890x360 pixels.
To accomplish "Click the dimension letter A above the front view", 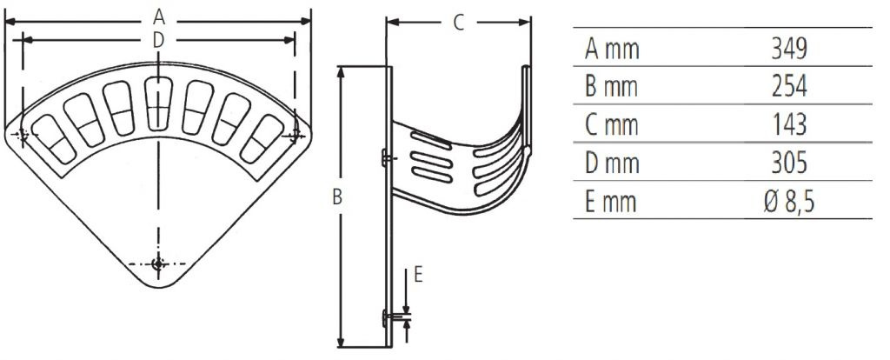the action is (x=159, y=17).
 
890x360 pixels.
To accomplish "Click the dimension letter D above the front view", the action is (x=158, y=40).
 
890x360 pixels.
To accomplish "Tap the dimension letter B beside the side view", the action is (x=337, y=197).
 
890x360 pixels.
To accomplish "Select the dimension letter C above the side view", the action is (x=459, y=23).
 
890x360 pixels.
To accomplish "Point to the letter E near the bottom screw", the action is (x=418, y=275).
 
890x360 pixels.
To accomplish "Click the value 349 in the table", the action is (x=789, y=50).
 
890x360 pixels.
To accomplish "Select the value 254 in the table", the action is (x=789, y=87).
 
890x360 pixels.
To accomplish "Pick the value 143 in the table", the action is (x=789, y=125).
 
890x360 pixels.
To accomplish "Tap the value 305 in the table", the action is (x=789, y=163).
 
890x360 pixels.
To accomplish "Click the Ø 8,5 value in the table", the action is (x=789, y=202).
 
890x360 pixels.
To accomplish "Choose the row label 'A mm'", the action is (x=612, y=50).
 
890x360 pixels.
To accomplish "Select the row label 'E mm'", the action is (x=611, y=202).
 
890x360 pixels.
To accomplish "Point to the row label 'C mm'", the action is (x=611, y=125).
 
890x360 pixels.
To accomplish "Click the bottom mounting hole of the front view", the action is (x=158, y=263).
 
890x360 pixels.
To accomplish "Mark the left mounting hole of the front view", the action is (x=22, y=135).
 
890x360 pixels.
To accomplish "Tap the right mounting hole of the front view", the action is (x=295, y=135).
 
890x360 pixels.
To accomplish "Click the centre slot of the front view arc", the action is (x=158, y=103).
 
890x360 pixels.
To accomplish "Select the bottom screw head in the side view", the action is (x=386, y=318).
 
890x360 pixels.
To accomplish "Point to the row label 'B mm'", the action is (x=611, y=87).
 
